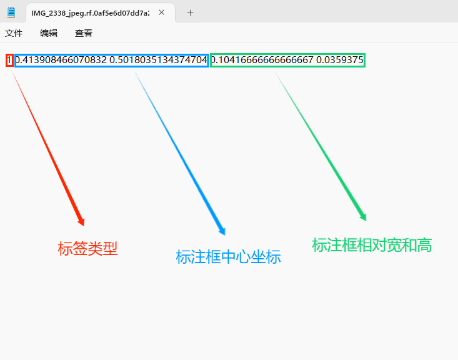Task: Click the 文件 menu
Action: click(14, 33)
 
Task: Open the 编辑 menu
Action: click(49, 33)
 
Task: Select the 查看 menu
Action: click(84, 33)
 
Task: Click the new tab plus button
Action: click(191, 12)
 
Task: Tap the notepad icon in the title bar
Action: click(11, 12)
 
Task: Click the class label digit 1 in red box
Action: click(9, 60)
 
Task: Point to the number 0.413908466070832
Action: click(61, 60)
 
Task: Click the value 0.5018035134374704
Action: click(158, 60)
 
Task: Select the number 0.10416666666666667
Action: click(262, 60)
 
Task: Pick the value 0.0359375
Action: click(340, 60)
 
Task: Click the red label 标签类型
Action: click(87, 249)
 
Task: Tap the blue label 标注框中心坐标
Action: click(228, 257)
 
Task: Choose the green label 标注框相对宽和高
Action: click(372, 245)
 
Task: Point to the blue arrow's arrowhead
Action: click(222, 231)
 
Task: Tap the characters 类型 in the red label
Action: click(102, 249)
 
